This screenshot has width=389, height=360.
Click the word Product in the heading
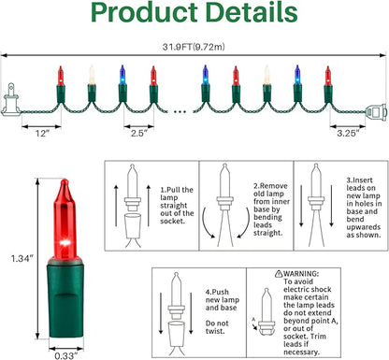coord(144,11)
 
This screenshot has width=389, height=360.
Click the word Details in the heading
coord(252,11)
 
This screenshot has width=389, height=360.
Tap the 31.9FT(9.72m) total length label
coord(194,47)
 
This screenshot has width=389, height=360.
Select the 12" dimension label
coord(42,134)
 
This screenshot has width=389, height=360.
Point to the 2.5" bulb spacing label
coord(139,133)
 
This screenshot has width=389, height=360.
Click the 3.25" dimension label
coord(348,133)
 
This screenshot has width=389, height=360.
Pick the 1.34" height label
coord(22,258)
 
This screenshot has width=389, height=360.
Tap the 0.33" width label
coord(66,355)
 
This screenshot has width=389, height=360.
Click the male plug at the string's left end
coord(11,100)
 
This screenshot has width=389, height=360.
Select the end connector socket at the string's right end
coord(377,111)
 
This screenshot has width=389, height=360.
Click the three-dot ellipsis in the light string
coord(180,111)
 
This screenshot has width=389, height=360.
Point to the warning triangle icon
coord(279,274)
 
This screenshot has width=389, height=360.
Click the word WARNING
coord(301,274)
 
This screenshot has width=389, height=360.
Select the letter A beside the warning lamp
coord(253,319)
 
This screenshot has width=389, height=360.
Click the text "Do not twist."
coord(217,327)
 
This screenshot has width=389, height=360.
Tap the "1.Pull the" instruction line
coord(177,190)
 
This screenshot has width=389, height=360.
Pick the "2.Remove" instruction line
coord(270,186)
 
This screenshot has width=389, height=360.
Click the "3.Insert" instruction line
coord(359,180)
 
